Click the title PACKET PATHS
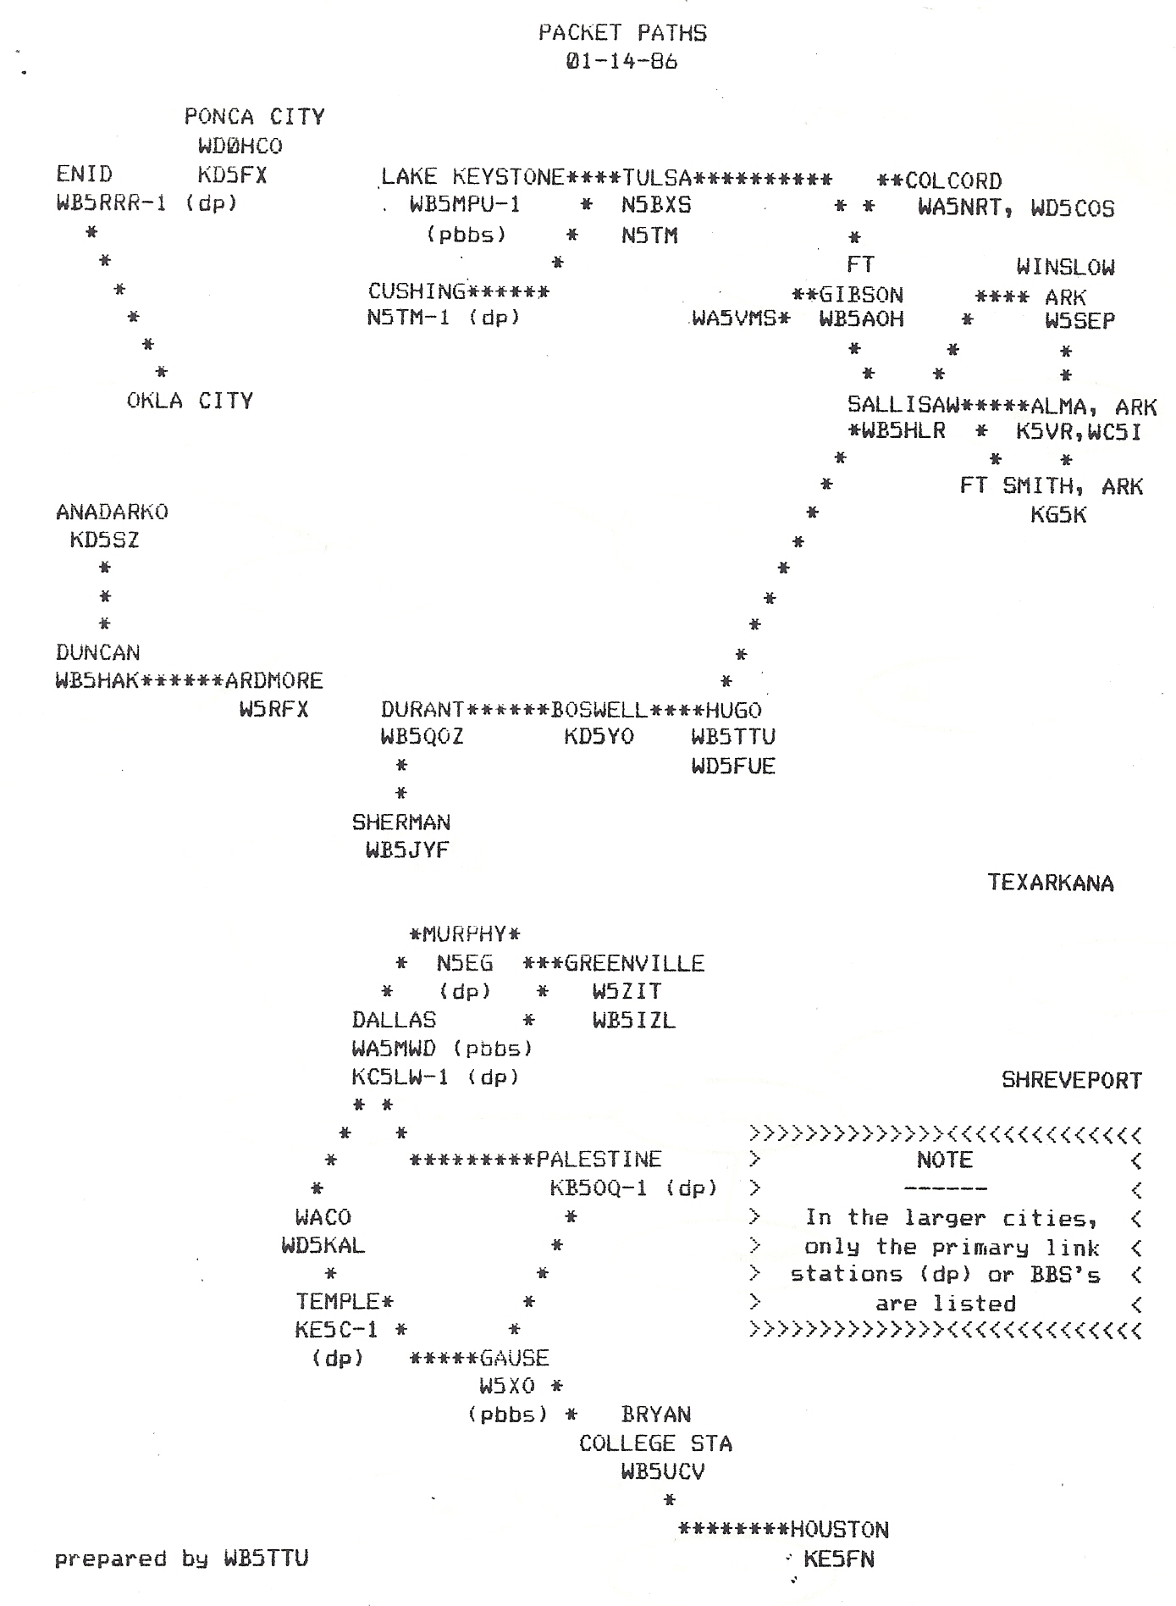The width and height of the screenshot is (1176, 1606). (622, 33)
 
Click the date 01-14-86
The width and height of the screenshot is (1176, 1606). (622, 62)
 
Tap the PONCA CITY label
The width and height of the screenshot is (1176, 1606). (255, 117)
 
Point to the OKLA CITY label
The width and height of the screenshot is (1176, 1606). (190, 401)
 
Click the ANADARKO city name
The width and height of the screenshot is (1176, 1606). (112, 512)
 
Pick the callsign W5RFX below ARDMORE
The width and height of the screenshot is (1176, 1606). (273, 710)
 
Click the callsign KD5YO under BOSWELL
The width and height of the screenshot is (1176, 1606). (599, 737)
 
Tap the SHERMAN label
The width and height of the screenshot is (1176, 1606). (401, 822)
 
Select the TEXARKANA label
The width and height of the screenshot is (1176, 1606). (1051, 883)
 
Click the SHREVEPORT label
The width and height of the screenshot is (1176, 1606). (1072, 1081)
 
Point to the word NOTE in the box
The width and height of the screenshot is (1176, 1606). (945, 1160)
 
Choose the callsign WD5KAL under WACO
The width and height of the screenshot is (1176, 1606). (323, 1246)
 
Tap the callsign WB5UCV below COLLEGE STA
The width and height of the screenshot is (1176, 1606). (663, 1471)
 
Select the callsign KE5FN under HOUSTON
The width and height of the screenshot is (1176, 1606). (839, 1559)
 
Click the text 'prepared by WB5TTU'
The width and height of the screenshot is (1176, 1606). (181, 1559)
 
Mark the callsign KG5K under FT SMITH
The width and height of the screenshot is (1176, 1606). (1058, 515)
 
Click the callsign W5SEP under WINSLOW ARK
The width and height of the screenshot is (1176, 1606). (1079, 322)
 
